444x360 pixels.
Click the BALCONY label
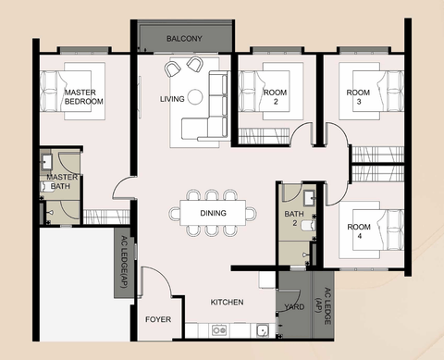tap(184, 39)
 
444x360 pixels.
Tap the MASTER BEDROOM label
tap(84, 97)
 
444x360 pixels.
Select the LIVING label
tap(172, 99)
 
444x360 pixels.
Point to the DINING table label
tap(213, 213)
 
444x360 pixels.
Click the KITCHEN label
tap(227, 302)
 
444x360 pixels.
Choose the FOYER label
tap(158, 319)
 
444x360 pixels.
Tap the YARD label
tap(294, 306)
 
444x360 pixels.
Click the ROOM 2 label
tap(276, 97)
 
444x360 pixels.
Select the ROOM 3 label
tap(358, 97)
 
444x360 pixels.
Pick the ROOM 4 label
tap(359, 231)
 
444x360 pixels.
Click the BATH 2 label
tap(294, 218)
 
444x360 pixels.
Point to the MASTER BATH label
tap(62, 181)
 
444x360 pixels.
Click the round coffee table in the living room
tap(195, 96)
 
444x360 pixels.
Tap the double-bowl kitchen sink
tap(219, 330)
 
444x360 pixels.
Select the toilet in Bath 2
tap(308, 226)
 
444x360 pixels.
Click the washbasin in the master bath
tap(46, 162)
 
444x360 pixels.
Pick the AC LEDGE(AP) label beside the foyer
tap(124, 262)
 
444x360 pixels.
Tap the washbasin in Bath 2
tap(309, 198)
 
